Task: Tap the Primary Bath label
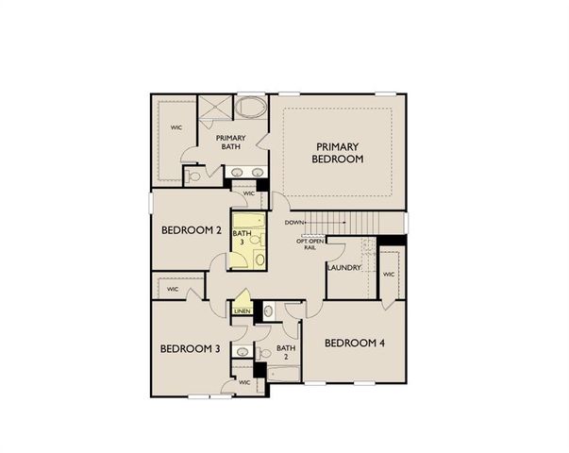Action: (230, 143)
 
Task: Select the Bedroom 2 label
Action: (191, 230)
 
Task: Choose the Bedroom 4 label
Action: (355, 344)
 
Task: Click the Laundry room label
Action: (343, 268)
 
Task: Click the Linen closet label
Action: (243, 310)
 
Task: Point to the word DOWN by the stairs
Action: (294, 223)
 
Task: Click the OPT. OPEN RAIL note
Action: (309, 244)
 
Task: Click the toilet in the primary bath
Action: (193, 175)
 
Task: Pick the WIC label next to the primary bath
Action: (176, 126)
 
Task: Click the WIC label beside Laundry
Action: (388, 275)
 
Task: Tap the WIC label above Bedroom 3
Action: (173, 290)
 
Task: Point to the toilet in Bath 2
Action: (268, 310)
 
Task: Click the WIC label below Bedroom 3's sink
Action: (244, 382)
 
